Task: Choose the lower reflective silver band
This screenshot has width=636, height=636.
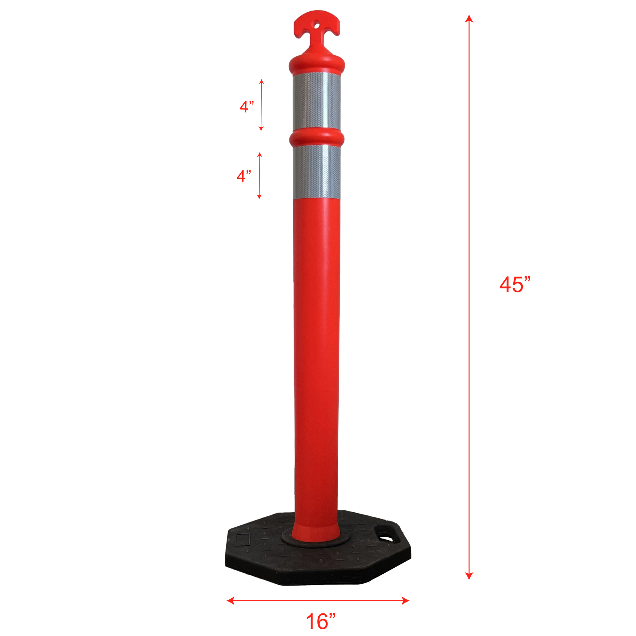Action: click(x=317, y=172)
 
